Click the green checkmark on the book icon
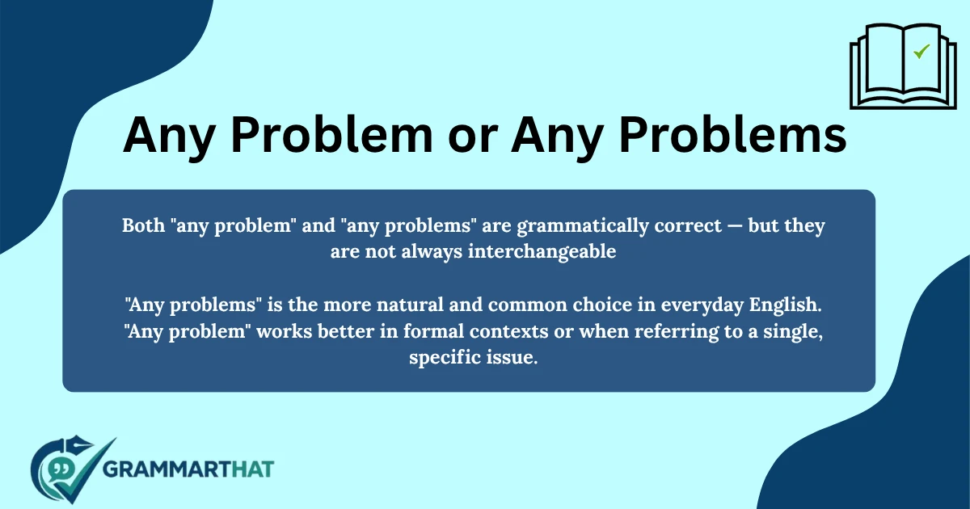click(x=921, y=52)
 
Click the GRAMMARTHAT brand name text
click(x=189, y=469)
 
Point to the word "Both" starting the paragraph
click(x=141, y=225)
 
